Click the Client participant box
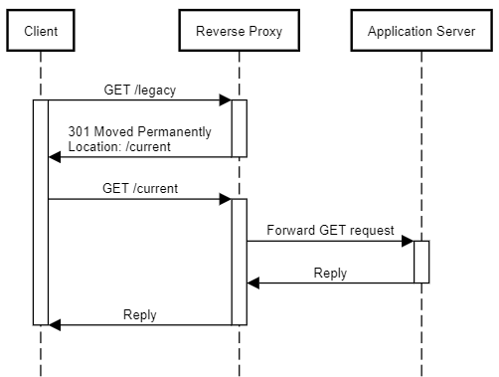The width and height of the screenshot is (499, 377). click(x=41, y=31)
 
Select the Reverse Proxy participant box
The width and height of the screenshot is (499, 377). click(x=239, y=31)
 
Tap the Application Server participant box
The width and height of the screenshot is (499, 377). click(x=420, y=31)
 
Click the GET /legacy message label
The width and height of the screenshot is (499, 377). click(x=139, y=91)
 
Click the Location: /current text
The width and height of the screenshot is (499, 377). click(x=119, y=146)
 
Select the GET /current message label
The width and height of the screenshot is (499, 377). click(x=140, y=188)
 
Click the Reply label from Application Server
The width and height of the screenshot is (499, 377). click(x=330, y=273)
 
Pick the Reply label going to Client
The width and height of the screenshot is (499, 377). click(x=140, y=314)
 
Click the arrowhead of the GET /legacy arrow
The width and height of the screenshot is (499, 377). click(x=225, y=99)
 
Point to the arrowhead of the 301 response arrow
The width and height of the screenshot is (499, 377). click(x=56, y=157)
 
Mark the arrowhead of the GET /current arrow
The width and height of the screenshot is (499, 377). click(x=225, y=199)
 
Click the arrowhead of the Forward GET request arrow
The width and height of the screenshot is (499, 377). click(x=407, y=241)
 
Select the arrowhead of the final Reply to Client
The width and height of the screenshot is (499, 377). click(x=56, y=324)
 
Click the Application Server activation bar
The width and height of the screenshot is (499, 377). click(x=421, y=262)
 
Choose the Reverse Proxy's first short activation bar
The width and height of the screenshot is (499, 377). click(x=239, y=127)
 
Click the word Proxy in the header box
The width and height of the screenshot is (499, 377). click(x=263, y=31)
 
